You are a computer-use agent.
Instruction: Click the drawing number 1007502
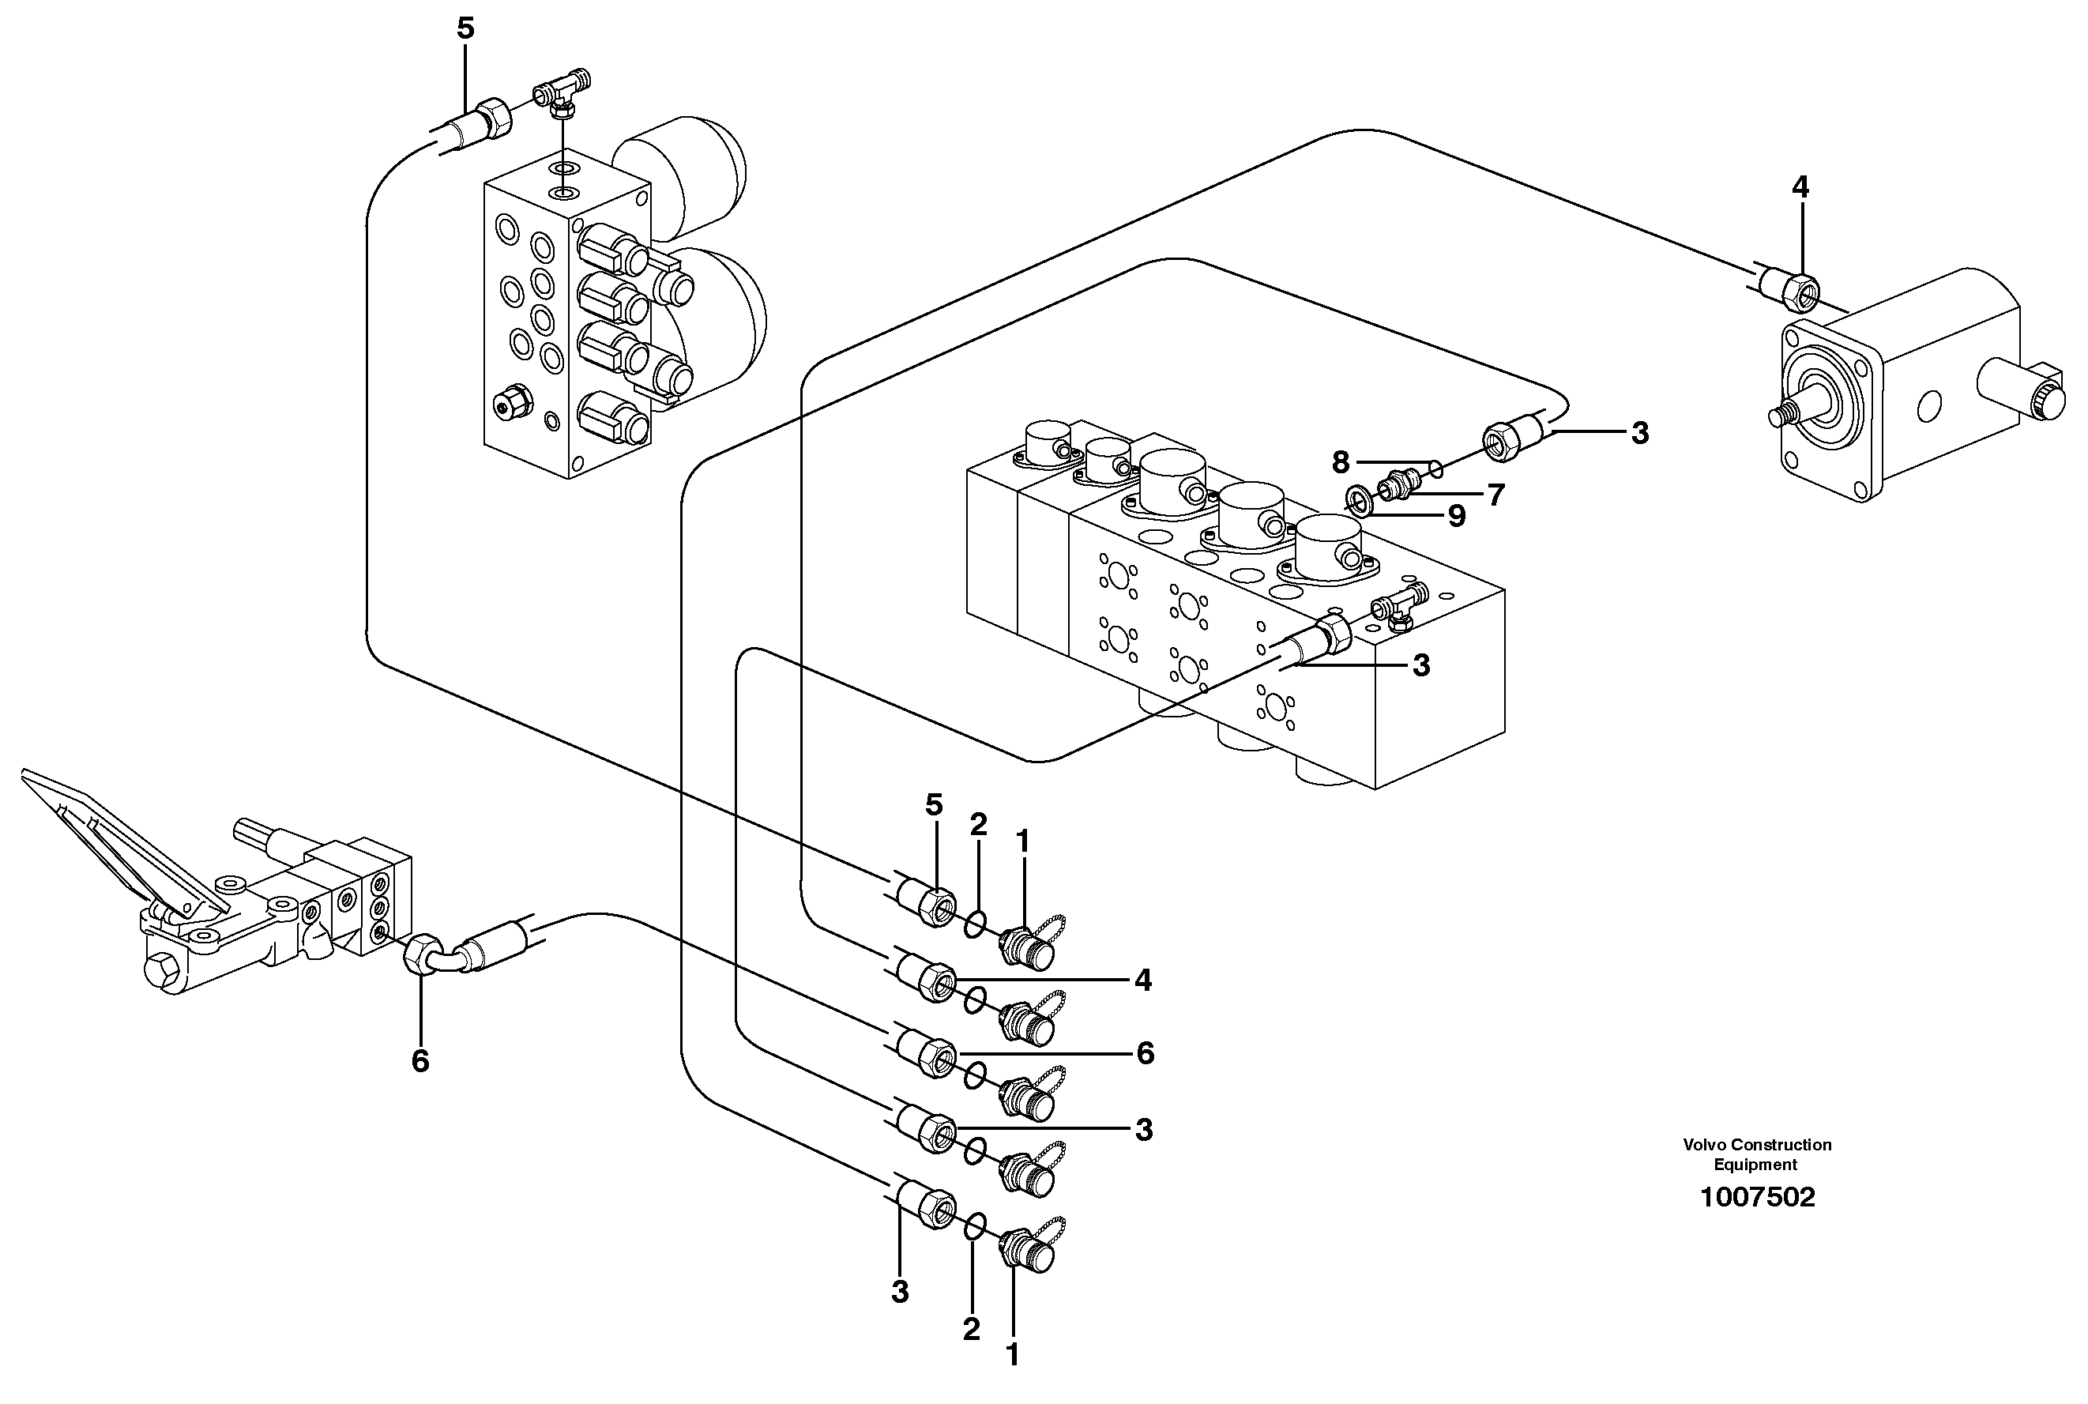click(x=1757, y=1197)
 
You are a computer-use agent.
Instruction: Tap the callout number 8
click(x=1340, y=462)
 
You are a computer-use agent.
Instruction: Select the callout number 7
click(x=1495, y=495)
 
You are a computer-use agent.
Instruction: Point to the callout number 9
click(x=1457, y=516)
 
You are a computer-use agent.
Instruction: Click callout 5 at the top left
click(x=465, y=28)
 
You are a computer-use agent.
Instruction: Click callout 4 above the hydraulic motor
click(x=1800, y=187)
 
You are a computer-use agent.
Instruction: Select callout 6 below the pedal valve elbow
click(x=420, y=1061)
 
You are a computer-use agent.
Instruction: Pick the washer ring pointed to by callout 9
click(x=1359, y=498)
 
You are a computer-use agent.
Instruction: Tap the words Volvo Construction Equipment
click(x=1756, y=1154)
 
